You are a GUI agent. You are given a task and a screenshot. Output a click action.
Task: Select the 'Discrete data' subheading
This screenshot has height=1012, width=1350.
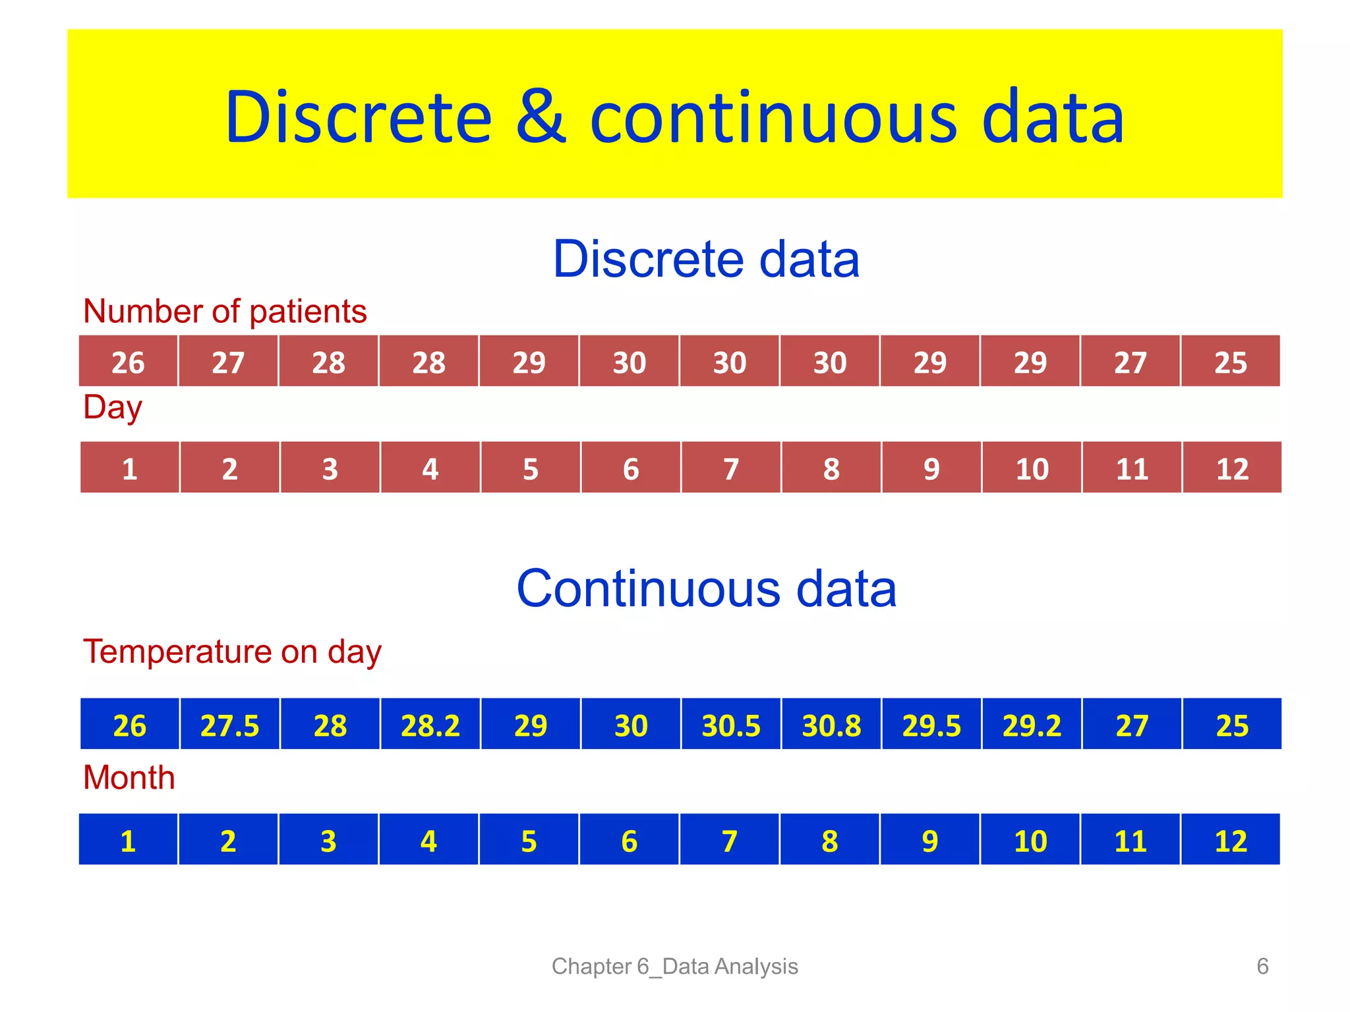(706, 259)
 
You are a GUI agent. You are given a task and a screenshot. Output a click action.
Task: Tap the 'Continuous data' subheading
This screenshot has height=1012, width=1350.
(706, 588)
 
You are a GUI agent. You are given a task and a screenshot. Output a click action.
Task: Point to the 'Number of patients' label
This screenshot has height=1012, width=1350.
(225, 311)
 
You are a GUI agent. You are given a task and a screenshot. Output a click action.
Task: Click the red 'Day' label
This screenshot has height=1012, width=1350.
(113, 407)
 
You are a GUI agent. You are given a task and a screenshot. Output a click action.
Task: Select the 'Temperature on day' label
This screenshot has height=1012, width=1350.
(232, 652)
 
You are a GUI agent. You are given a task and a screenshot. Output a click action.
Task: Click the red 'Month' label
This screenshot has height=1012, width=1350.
(129, 777)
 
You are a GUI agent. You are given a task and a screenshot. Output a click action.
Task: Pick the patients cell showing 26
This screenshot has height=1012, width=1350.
(128, 362)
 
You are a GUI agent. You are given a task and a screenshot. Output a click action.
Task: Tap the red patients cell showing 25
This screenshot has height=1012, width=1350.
(1230, 362)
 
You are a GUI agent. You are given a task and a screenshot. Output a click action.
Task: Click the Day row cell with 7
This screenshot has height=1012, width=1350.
(730, 468)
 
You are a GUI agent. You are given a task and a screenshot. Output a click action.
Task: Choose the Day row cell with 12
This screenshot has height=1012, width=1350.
(1231, 468)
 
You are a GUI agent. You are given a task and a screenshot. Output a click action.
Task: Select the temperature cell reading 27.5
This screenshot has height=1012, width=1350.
(229, 725)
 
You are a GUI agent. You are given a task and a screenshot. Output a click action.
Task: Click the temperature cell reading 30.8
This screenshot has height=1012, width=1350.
(831, 725)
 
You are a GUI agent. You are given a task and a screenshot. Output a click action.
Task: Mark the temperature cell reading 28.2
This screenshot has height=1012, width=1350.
(430, 725)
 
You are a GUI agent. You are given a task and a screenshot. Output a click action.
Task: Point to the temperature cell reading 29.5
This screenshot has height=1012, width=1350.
(931, 725)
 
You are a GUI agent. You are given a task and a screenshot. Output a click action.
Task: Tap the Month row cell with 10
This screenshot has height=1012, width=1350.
(1030, 840)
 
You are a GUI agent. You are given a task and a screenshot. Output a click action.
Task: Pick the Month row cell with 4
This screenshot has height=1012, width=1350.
(428, 840)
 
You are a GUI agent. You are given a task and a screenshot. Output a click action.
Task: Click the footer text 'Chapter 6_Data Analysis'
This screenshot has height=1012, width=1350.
(674, 966)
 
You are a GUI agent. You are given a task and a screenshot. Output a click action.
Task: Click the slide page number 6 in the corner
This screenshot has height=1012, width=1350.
(1262, 966)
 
